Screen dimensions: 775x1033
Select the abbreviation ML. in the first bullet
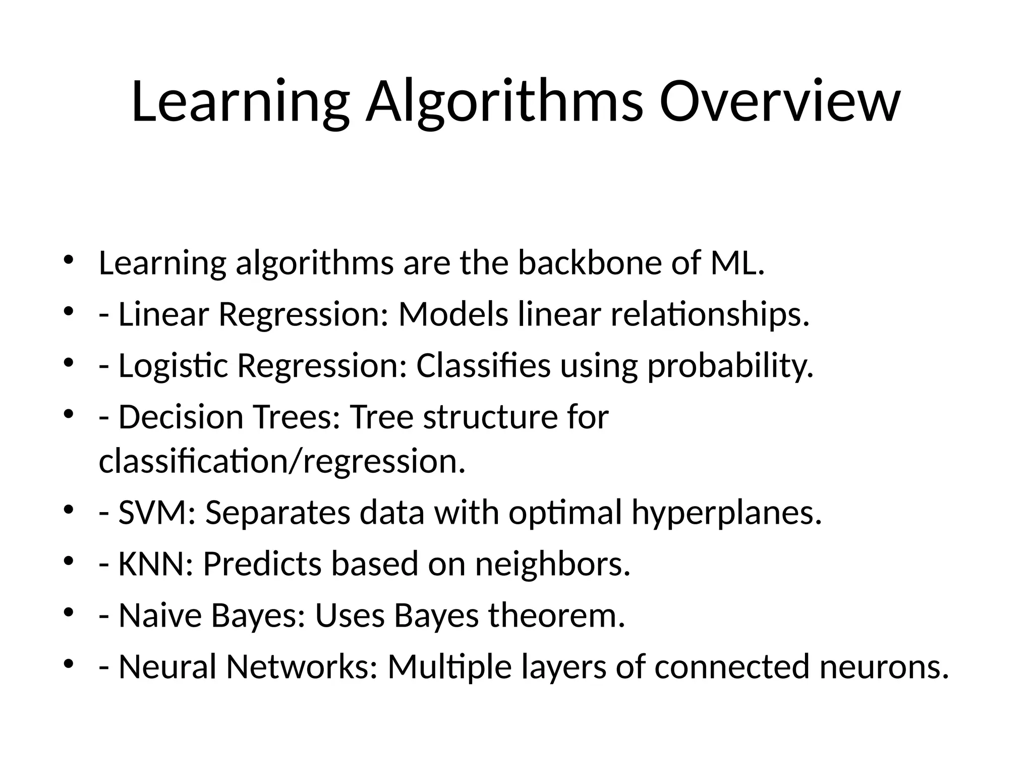point(737,263)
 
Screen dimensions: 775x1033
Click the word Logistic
point(173,367)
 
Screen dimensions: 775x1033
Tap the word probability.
point(730,367)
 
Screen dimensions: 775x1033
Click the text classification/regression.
point(282,462)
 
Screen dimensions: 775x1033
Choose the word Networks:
point(302,667)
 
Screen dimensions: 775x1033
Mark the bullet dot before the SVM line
point(70,510)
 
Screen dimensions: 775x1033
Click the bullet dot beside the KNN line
point(70,561)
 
